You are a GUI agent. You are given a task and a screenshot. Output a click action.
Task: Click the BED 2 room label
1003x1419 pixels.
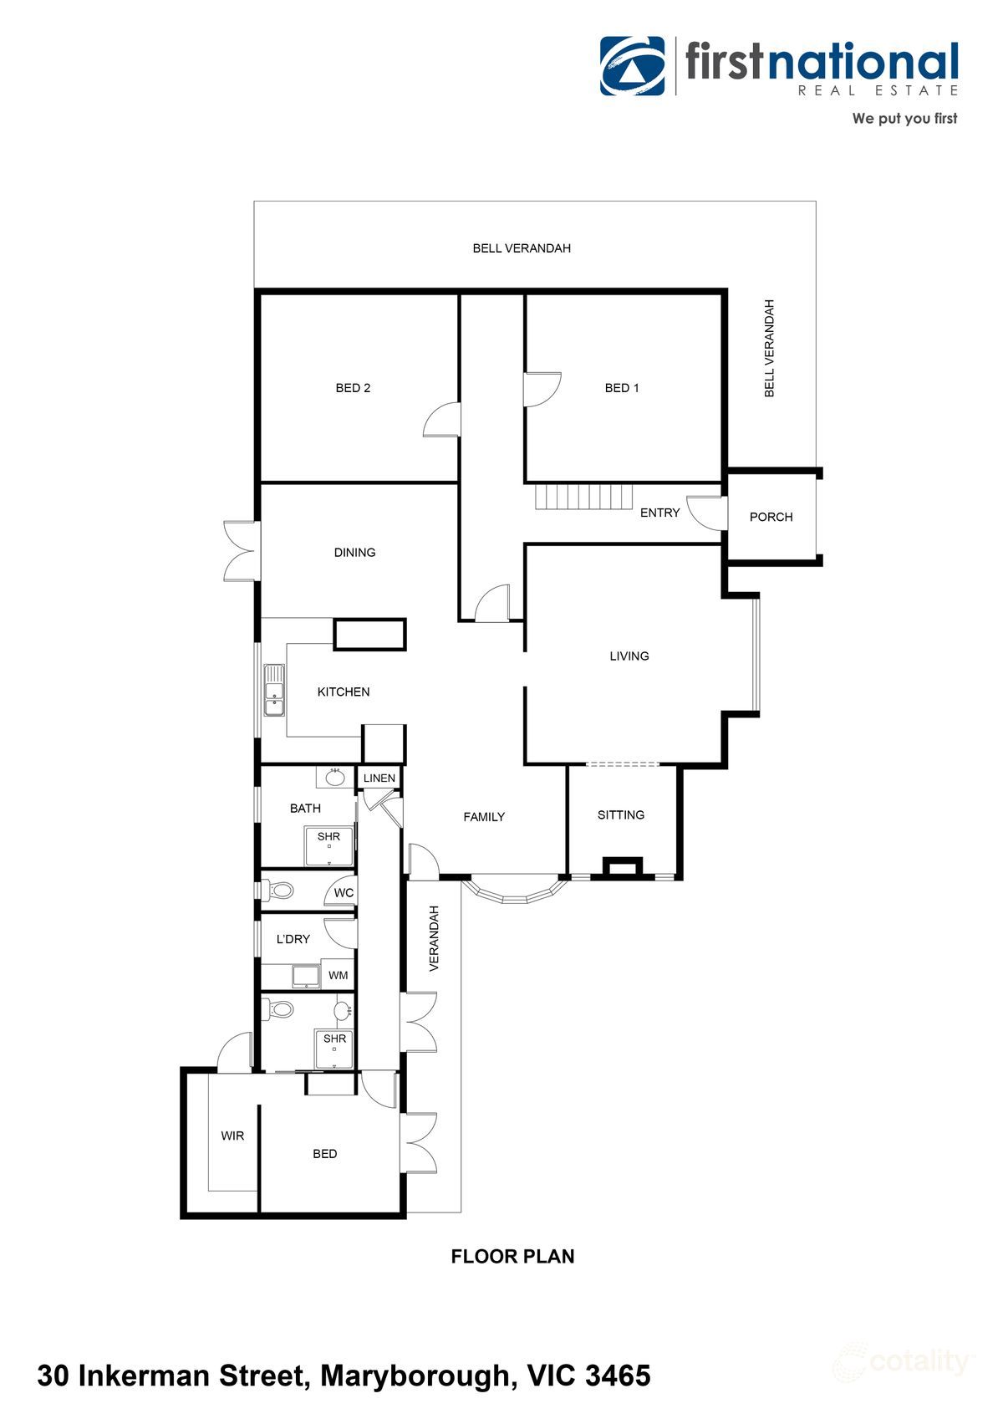(x=353, y=388)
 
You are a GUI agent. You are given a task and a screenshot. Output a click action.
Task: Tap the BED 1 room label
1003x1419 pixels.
(x=622, y=388)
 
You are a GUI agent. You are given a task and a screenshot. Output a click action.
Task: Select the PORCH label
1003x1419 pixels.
(x=771, y=517)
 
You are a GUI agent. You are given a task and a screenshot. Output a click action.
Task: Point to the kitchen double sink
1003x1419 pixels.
(x=274, y=691)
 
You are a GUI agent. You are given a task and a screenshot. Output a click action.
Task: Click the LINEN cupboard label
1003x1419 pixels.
(x=379, y=778)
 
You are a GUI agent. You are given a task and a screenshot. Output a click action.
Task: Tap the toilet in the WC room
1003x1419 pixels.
(x=281, y=891)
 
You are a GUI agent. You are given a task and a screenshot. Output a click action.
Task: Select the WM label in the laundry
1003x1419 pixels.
(x=338, y=975)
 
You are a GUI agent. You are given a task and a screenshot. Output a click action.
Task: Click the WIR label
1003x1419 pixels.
(x=232, y=1136)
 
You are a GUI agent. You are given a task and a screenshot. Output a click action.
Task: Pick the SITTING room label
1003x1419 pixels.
(x=621, y=814)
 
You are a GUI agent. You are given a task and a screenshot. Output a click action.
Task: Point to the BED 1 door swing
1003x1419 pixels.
(x=542, y=390)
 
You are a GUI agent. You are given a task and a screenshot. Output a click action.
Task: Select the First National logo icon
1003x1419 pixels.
(x=633, y=66)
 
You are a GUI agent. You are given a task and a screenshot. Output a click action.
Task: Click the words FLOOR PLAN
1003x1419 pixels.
(x=512, y=1256)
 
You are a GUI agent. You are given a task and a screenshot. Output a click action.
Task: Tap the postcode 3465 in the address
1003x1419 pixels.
(x=619, y=1376)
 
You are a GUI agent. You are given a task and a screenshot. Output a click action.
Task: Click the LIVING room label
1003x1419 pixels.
(x=629, y=656)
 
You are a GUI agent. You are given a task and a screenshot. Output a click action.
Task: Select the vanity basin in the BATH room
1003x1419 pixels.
(x=335, y=777)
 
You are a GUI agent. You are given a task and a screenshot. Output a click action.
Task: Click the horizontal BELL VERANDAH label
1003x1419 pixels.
(x=522, y=248)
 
